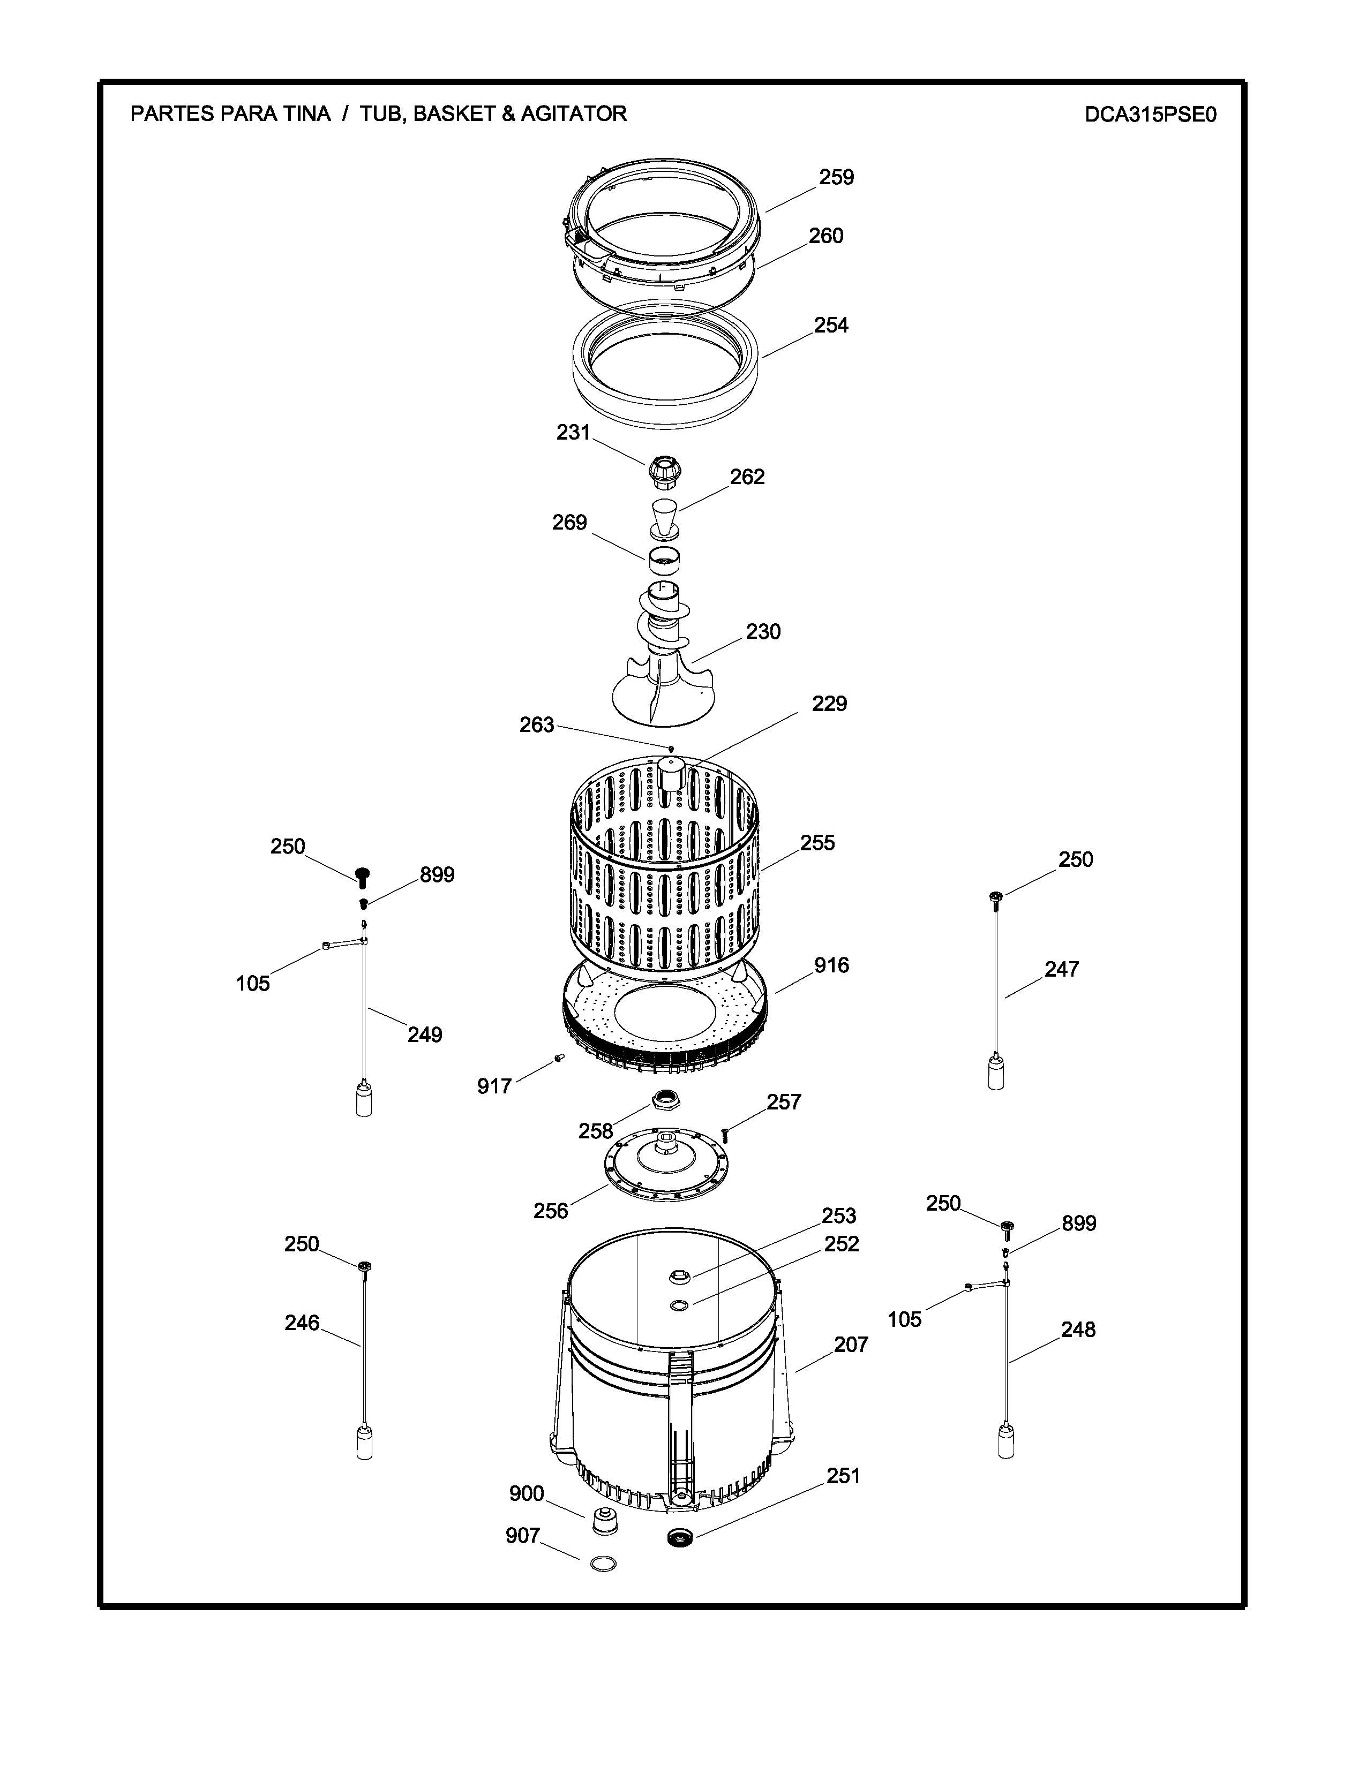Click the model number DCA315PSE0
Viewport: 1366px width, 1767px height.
[1151, 114]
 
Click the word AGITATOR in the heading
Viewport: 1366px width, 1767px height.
[573, 114]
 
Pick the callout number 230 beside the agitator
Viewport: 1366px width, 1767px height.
[763, 631]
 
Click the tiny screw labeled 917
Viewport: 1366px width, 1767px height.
[558, 1058]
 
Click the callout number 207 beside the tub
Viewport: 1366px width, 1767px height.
[851, 1345]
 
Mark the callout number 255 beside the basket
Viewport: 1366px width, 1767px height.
[817, 842]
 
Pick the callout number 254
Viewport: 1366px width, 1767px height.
[831, 324]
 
